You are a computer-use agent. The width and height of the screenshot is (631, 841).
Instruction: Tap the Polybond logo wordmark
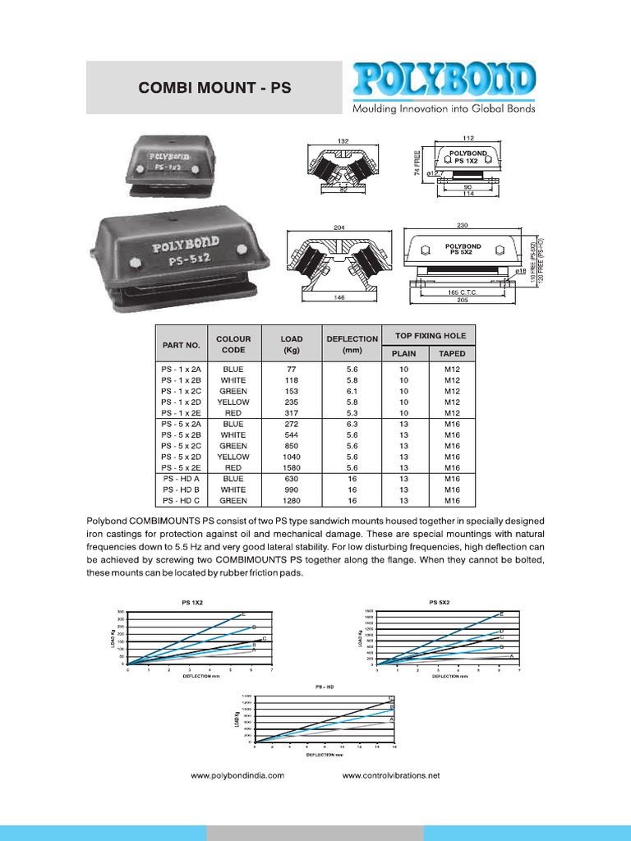(x=444, y=80)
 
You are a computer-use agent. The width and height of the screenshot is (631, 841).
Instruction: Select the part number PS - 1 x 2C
(x=182, y=392)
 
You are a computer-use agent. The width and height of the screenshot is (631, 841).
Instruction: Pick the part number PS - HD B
(x=182, y=489)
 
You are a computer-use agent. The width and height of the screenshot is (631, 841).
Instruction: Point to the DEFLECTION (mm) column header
(x=352, y=344)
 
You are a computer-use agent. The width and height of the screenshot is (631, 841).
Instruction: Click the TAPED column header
(x=452, y=354)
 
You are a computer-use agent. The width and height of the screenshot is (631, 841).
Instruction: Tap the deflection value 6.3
(x=352, y=424)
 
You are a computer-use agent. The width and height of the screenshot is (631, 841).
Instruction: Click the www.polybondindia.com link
(x=237, y=775)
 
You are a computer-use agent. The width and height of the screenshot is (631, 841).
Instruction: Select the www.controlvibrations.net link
(x=391, y=775)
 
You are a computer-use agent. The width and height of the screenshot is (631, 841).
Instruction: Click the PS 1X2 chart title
(x=192, y=603)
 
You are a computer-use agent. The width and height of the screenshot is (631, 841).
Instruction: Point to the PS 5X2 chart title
(x=440, y=603)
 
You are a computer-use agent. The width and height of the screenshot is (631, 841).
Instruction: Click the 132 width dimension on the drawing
(x=343, y=141)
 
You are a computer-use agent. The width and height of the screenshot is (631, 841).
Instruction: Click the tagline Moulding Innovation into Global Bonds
(x=444, y=108)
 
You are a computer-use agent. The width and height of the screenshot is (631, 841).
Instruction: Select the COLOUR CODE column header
(x=233, y=344)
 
